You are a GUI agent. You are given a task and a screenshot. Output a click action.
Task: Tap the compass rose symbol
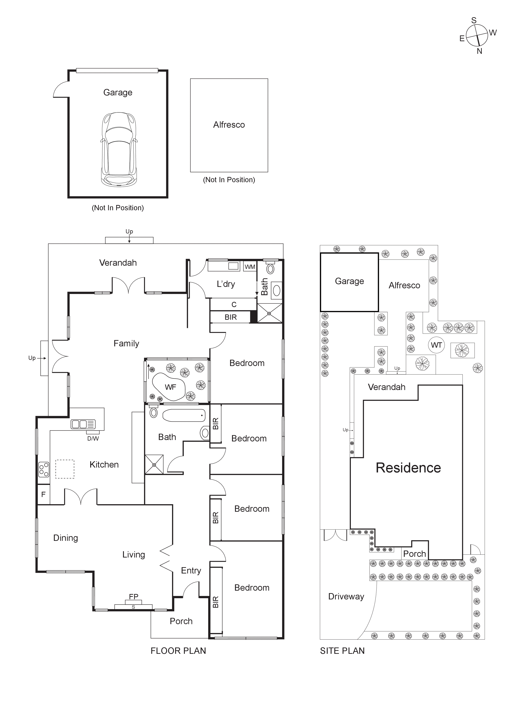pyautogui.click(x=477, y=35)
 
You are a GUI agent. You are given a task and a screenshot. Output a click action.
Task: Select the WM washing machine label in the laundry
pyautogui.click(x=250, y=267)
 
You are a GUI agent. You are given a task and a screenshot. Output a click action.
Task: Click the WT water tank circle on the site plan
pyautogui.click(x=436, y=345)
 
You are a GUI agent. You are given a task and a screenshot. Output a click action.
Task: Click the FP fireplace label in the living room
pyautogui.click(x=133, y=596)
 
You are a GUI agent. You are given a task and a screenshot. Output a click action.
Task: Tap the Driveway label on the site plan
pyautogui.click(x=346, y=596)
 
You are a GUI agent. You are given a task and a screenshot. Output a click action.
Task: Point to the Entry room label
pyautogui.click(x=191, y=571)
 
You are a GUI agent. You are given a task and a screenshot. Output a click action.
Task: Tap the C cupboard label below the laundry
pyautogui.click(x=234, y=304)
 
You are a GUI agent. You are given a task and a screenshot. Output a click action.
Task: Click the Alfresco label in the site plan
pyautogui.click(x=404, y=286)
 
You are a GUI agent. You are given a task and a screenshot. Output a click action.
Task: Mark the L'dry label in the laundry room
pyautogui.click(x=226, y=284)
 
